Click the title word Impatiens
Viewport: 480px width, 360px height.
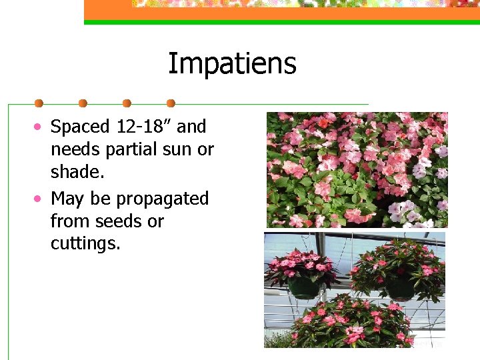(x=231, y=65)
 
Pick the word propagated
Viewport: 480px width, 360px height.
(x=163, y=199)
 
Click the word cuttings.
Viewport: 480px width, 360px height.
(x=85, y=244)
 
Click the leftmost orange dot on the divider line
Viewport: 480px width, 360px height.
(x=39, y=103)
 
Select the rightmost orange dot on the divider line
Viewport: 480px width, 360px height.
(x=171, y=103)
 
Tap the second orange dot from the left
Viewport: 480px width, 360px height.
(x=83, y=103)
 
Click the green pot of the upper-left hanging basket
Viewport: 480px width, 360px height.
(x=304, y=287)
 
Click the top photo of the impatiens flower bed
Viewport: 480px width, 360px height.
(x=357, y=169)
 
